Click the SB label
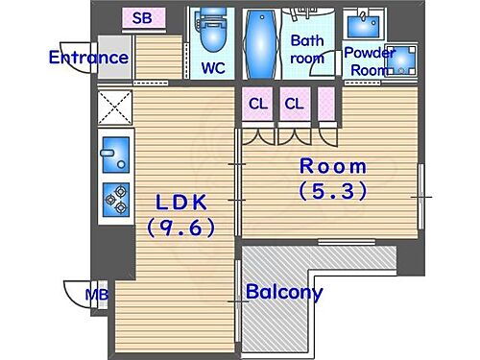(142, 17)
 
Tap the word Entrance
(88, 58)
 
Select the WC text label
(212, 69)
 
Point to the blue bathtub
(260, 46)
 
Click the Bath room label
(308, 49)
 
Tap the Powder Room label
(370, 60)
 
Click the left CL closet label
(258, 104)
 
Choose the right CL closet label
(294, 104)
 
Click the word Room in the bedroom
(333, 166)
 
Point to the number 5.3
(333, 191)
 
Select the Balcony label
(283, 293)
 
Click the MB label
(96, 294)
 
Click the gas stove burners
(116, 199)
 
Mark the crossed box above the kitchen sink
(116, 108)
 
